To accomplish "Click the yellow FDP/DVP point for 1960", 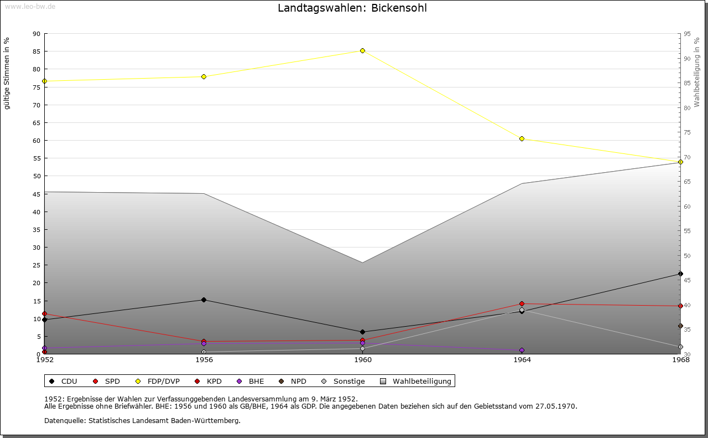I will click(363, 51).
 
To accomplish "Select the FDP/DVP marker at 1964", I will click(522, 139).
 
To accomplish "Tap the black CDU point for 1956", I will click(204, 300).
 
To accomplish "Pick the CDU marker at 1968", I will click(680, 274).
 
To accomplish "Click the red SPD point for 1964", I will click(522, 304).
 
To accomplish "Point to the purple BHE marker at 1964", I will click(522, 351).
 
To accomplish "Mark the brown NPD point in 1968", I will click(680, 326).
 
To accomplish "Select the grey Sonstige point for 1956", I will click(204, 352).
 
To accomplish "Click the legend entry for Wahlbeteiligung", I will click(421, 382).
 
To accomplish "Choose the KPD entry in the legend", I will click(214, 382).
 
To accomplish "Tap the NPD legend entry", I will click(298, 382).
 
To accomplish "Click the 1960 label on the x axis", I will click(363, 360).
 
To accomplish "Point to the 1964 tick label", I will click(522, 360).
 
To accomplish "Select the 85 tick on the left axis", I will click(37, 51).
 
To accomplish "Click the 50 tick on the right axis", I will click(687, 256).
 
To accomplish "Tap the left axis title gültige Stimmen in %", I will click(7, 74).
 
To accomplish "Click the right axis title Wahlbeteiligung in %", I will click(697, 73).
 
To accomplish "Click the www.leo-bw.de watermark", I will click(30, 6).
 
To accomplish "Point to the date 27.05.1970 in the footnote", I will click(556, 406).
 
